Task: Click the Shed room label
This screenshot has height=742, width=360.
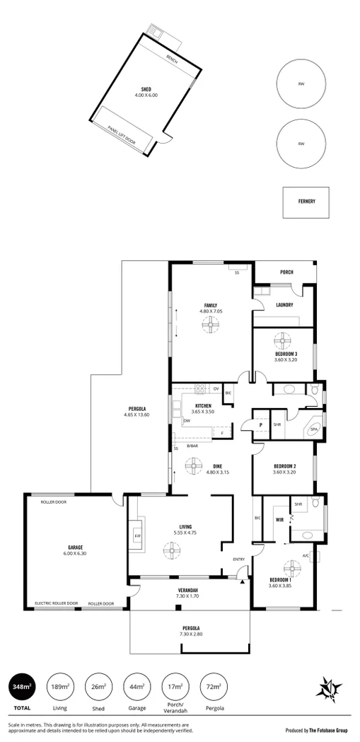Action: coord(146,89)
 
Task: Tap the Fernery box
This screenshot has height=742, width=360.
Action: coord(306,202)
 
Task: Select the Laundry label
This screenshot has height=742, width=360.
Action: coord(284,305)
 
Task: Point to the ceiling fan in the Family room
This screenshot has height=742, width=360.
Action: coord(211,325)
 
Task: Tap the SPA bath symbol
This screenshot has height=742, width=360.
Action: coord(313,429)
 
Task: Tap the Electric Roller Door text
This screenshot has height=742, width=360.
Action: coord(57,603)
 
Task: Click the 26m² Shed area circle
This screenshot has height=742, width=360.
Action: coord(99,686)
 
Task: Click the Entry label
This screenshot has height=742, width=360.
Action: coord(238,560)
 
